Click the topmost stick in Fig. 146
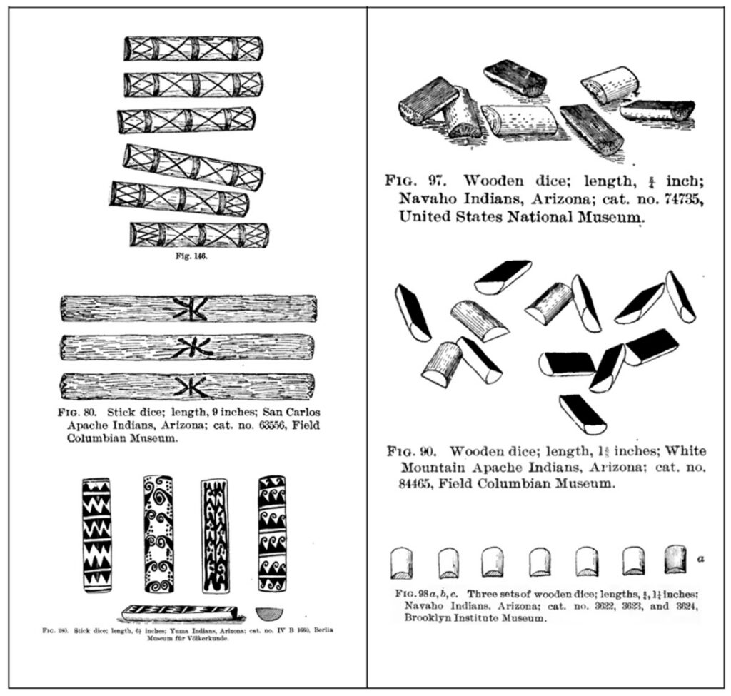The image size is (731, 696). (193, 49)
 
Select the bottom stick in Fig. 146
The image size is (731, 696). (199, 235)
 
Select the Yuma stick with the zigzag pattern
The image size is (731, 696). (96, 535)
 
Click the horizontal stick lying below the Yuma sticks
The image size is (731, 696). (178, 612)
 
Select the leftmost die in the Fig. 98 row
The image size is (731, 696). (401, 563)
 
